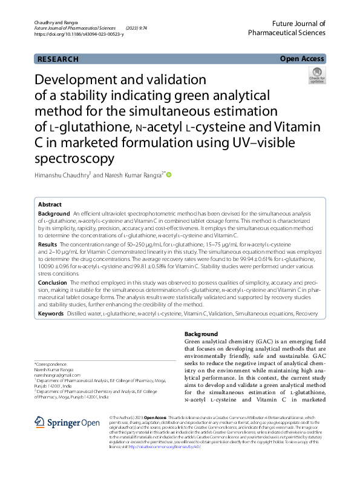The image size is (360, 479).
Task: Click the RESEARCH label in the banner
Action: click(x=57, y=59)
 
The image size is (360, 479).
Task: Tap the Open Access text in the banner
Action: click(x=301, y=59)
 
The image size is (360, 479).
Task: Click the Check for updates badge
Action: click(x=317, y=76)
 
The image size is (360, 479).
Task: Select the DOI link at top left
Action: click(x=79, y=35)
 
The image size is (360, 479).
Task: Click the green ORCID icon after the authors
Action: click(x=169, y=176)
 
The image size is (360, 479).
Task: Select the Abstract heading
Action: click(x=50, y=205)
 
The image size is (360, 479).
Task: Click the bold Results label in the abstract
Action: click(x=48, y=243)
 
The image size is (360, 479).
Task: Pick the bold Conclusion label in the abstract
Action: click(x=53, y=282)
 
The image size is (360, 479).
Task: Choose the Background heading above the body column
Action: click(x=201, y=334)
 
